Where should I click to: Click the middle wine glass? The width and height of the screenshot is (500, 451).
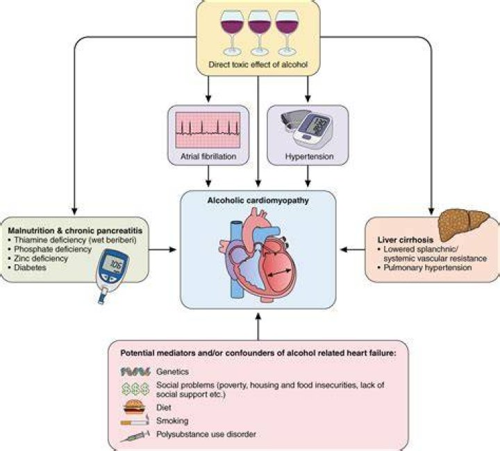click(x=260, y=33)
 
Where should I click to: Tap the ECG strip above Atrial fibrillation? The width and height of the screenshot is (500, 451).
click(x=208, y=130)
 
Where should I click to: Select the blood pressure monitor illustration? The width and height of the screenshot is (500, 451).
click(x=308, y=128)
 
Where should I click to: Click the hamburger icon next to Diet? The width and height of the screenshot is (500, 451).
click(x=134, y=407)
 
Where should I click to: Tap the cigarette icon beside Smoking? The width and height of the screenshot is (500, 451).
click(x=135, y=420)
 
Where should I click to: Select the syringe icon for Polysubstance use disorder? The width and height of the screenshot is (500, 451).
click(x=135, y=436)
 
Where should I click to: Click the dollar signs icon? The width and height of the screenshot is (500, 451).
click(x=135, y=389)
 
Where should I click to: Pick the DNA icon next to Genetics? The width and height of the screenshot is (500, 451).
click(x=135, y=372)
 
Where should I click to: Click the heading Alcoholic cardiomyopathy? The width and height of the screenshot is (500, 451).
click(x=258, y=200)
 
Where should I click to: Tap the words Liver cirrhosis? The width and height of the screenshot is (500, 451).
click(x=406, y=240)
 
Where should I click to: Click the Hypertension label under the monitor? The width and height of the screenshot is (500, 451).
click(x=309, y=156)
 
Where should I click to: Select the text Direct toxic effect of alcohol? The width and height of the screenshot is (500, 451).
click(x=258, y=65)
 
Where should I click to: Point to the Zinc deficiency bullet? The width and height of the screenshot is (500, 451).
click(x=38, y=259)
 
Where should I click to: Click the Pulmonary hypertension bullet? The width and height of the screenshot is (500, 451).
click(x=424, y=268)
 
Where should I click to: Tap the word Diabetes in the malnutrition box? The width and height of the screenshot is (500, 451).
click(x=31, y=268)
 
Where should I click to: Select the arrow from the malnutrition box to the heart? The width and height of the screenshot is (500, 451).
click(x=162, y=249)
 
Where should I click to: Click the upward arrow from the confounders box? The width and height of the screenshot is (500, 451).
click(x=258, y=326)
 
